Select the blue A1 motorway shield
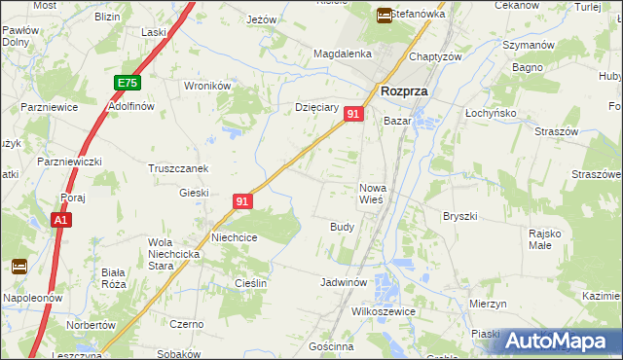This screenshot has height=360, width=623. [x=61, y=222]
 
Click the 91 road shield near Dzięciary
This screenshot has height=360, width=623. [x=353, y=115]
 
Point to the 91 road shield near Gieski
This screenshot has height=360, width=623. [x=243, y=201]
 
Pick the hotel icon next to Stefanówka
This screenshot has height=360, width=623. [x=385, y=15]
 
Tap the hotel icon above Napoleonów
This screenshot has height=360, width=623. [x=18, y=266]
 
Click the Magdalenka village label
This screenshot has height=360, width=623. [x=338, y=54]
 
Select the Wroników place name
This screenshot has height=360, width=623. [x=207, y=86]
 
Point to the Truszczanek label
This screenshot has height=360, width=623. [x=178, y=168]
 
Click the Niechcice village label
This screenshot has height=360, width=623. [x=235, y=236]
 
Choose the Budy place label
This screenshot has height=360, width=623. [x=342, y=226]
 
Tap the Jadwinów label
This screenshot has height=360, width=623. [x=343, y=282]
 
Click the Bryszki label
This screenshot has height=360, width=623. [x=458, y=216]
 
